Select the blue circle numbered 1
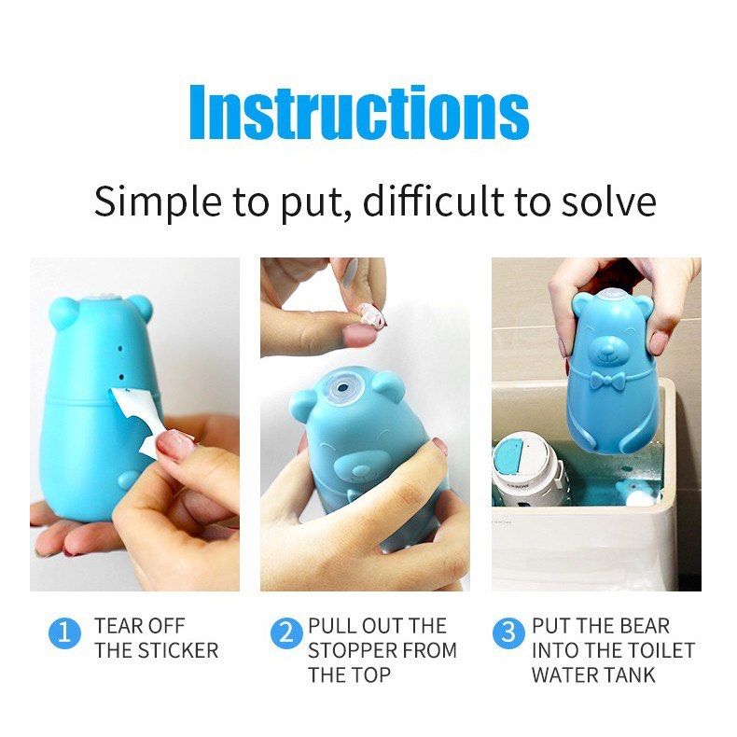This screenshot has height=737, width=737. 63,635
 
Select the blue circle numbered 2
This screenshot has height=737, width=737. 286,635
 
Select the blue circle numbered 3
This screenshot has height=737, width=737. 508,635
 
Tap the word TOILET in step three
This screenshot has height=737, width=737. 661,650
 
